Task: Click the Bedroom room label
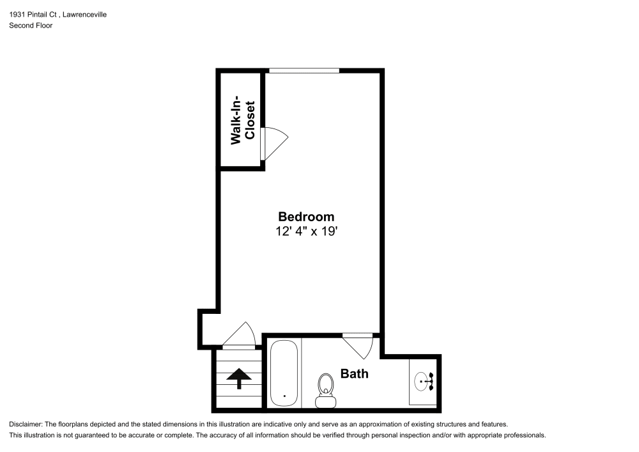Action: [306, 217]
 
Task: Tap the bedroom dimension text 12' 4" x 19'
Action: [306, 231]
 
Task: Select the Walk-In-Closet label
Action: [243, 121]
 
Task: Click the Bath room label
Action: [354, 373]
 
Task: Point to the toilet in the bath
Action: [326, 386]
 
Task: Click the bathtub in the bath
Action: [283, 373]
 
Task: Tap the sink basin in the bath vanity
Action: [422, 382]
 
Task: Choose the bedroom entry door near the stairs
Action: [240, 336]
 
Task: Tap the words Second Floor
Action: [31, 26]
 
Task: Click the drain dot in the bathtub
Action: [284, 394]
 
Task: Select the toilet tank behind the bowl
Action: [326, 401]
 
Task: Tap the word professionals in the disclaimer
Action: [527, 435]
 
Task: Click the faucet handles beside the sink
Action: [431, 382]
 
